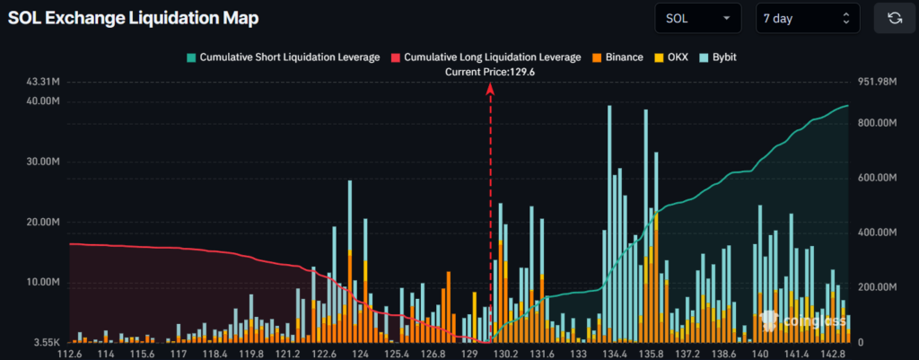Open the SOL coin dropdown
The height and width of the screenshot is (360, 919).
(x=697, y=17)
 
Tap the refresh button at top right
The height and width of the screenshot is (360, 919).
(x=894, y=17)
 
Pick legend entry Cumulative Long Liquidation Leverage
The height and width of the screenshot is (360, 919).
(x=485, y=57)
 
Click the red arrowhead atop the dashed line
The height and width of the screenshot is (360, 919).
(x=490, y=87)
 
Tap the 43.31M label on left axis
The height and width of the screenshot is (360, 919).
(x=42, y=82)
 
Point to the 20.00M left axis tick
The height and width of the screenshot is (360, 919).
(x=42, y=222)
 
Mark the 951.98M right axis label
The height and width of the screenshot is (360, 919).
(x=878, y=82)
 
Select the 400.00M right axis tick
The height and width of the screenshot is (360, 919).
(x=878, y=233)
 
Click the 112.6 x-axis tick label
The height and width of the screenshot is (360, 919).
(x=69, y=354)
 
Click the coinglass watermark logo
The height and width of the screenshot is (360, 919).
(x=803, y=320)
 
